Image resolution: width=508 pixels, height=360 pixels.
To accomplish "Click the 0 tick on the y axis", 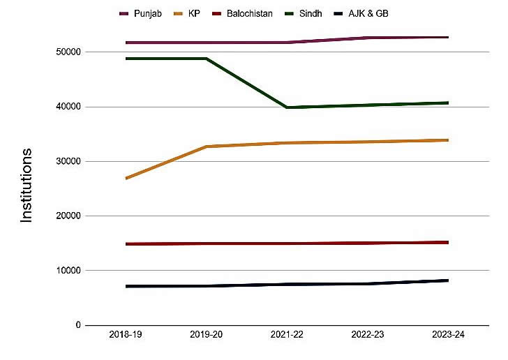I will [x=77, y=325].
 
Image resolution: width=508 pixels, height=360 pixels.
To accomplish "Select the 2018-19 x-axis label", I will [x=126, y=336].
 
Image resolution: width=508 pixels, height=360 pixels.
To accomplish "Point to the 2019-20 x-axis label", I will [x=207, y=336].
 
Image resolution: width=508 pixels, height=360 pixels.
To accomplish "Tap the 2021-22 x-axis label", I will [x=287, y=336].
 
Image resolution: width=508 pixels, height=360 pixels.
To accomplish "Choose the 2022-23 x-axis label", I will [x=368, y=336].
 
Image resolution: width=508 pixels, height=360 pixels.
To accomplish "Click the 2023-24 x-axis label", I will [x=448, y=336].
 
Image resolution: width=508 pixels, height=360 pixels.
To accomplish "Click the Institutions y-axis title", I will [x=27, y=185].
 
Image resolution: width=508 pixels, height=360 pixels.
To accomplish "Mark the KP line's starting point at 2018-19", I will [x=126, y=179].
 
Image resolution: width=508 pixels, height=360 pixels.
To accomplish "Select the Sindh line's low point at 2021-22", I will [x=287, y=107].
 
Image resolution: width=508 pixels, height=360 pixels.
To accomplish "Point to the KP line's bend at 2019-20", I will [x=207, y=147].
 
